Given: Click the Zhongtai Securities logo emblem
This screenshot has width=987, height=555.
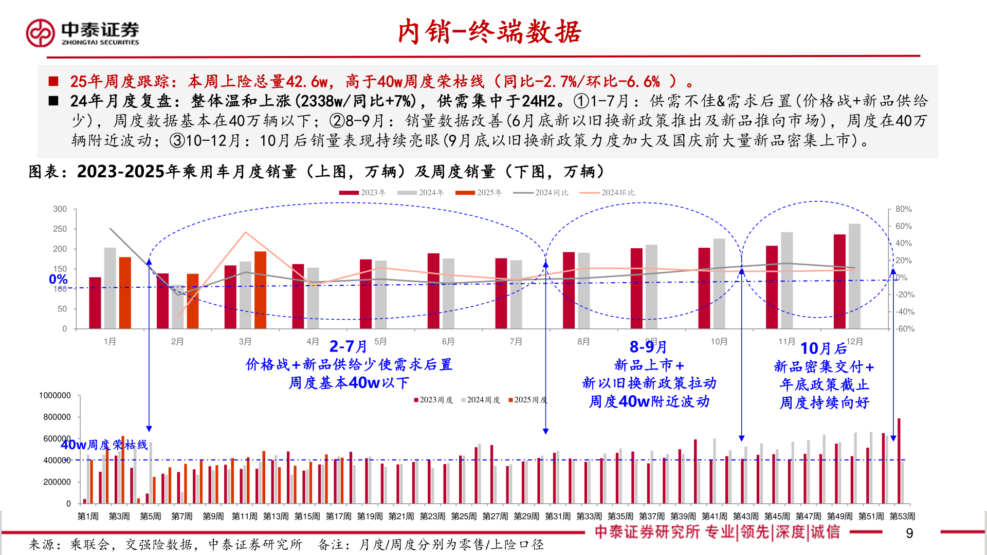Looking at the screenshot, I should pyautogui.click(x=40, y=33).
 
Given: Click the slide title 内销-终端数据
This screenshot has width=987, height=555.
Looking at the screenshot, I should pyautogui.click(x=489, y=32).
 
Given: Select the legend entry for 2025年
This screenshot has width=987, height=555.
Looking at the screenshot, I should pyautogui.click(x=479, y=193).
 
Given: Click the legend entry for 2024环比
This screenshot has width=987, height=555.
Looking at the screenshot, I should pyautogui.click(x=608, y=193).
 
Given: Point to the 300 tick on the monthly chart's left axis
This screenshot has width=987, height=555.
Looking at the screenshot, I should pyautogui.click(x=60, y=209).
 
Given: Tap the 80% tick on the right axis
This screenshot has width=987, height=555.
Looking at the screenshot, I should pyautogui.click(x=903, y=209).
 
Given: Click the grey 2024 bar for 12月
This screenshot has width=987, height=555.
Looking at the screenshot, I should pyautogui.click(x=854, y=276).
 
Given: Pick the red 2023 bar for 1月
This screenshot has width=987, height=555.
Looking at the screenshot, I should pyautogui.click(x=95, y=303).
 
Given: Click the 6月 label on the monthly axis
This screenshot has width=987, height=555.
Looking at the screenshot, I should pyautogui.click(x=448, y=342).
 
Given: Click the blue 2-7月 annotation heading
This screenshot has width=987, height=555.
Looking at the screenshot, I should pyautogui.click(x=348, y=346).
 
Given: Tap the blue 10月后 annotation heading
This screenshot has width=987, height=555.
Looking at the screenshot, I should pyautogui.click(x=824, y=348).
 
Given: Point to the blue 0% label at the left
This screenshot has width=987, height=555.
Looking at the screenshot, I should pyautogui.click(x=58, y=279).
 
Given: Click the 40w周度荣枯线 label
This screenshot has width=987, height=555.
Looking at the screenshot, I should pyautogui.click(x=104, y=445).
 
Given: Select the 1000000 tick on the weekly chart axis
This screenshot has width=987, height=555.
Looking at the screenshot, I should pyautogui.click(x=55, y=396).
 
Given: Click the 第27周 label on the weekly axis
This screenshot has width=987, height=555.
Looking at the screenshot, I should pyautogui.click(x=495, y=516).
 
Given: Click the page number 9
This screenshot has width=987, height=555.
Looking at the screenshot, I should pyautogui.click(x=909, y=533).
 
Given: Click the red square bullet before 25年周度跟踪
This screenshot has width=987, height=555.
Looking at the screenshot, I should pyautogui.click(x=53, y=81).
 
